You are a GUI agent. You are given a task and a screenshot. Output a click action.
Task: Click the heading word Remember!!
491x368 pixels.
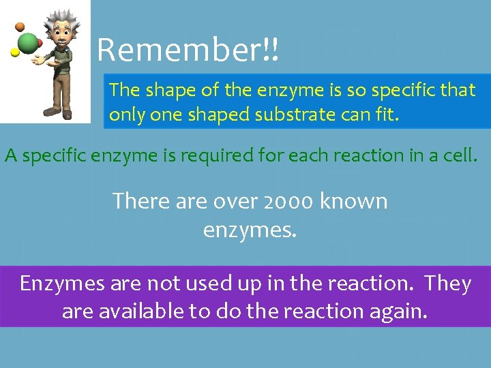click(188, 50)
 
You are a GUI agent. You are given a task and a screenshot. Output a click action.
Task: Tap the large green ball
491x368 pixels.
click(28, 43)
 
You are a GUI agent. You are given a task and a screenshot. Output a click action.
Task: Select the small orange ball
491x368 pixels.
click(20, 27)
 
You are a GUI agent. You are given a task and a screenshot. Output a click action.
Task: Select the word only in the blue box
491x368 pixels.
click(126, 114)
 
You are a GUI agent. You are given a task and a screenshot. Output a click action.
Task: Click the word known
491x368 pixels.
click(354, 201)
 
